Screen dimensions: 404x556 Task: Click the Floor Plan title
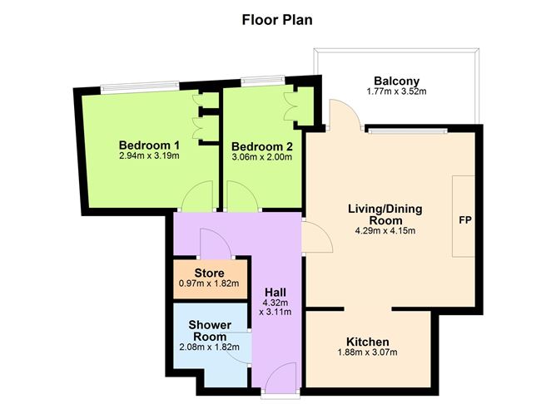click(x=277, y=18)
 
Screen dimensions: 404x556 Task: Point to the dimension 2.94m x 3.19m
click(x=149, y=155)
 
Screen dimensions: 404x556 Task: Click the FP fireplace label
click(x=465, y=222)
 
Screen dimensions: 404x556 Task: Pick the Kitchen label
click(x=367, y=342)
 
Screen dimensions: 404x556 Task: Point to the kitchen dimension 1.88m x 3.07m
click(x=367, y=353)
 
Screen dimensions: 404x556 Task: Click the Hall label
click(x=276, y=293)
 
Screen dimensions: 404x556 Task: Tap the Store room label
click(x=209, y=273)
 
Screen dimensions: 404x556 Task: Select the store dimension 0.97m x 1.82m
click(x=209, y=283)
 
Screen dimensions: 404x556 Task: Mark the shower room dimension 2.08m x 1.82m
click(x=209, y=348)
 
